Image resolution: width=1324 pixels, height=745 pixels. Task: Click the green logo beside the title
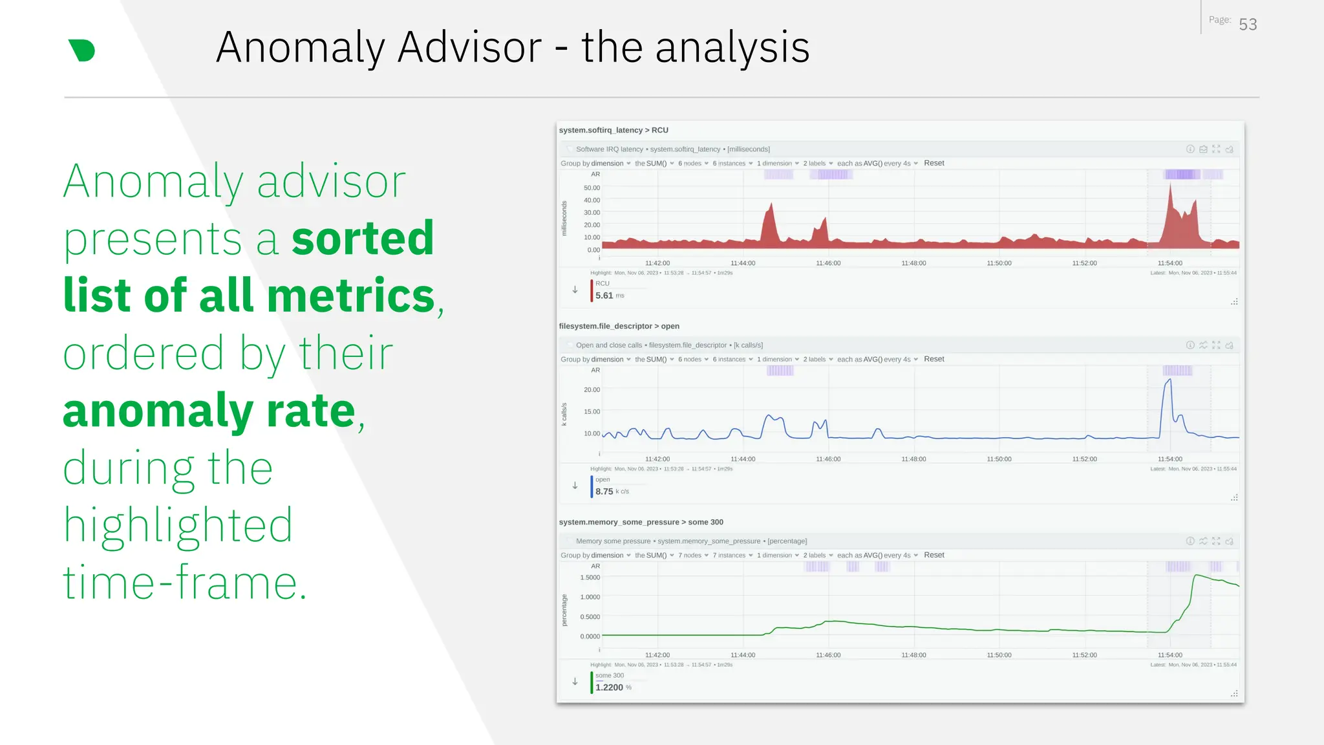[x=81, y=50]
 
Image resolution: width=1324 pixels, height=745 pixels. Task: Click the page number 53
[x=1248, y=25]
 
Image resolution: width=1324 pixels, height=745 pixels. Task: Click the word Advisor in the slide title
[x=469, y=47]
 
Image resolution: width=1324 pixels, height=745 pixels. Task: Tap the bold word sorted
[x=363, y=238]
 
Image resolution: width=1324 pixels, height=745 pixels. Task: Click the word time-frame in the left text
[x=184, y=582]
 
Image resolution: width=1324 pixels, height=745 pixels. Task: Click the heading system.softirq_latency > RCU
[x=614, y=130]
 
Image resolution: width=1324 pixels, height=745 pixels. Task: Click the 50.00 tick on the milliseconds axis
[x=592, y=188]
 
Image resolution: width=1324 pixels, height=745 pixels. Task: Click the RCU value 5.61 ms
[x=609, y=296]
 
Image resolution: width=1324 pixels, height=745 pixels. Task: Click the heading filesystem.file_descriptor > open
[x=619, y=326]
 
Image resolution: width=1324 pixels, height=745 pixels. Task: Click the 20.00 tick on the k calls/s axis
[x=592, y=390]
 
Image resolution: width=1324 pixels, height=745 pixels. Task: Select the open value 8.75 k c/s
[x=611, y=491]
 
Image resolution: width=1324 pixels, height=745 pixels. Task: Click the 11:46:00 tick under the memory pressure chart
[x=828, y=655]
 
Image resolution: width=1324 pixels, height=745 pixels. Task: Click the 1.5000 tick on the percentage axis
[x=590, y=578]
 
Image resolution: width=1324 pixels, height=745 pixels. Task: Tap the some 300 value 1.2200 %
[x=612, y=687]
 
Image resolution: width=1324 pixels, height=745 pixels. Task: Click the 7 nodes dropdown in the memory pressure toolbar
[x=692, y=556]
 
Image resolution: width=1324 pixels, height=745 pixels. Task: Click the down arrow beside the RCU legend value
[x=575, y=290]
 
